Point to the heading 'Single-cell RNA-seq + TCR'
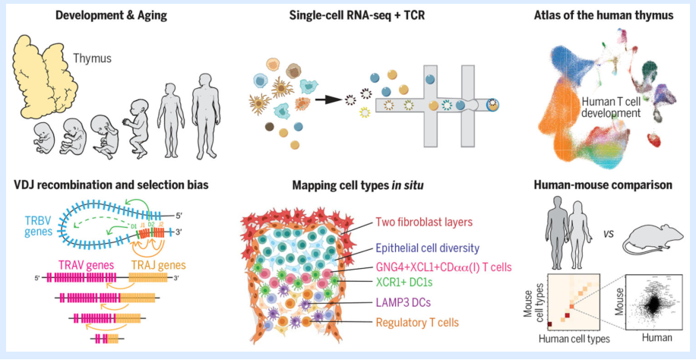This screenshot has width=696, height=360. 348,17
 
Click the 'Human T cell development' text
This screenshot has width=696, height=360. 612,106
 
